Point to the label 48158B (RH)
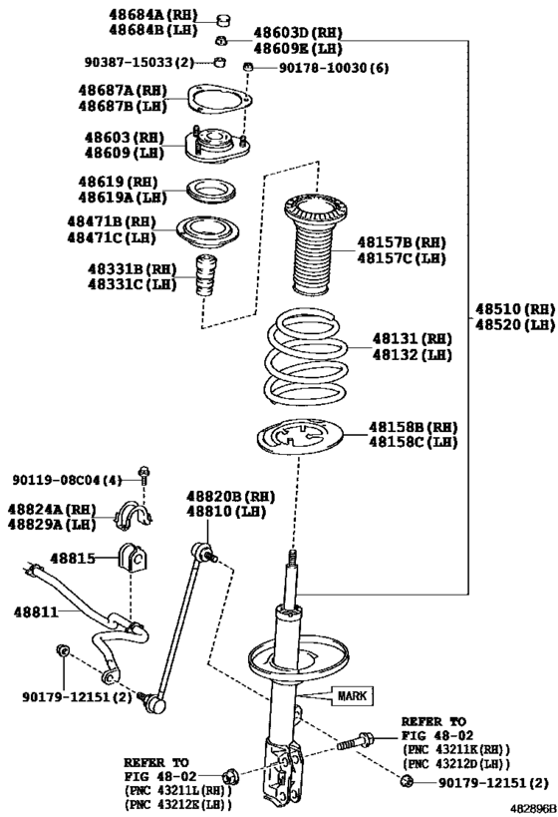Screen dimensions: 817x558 coord(413,426)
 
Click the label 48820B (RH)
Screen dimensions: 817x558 coord(230,497)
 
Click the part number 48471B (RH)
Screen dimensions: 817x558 coord(111,221)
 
